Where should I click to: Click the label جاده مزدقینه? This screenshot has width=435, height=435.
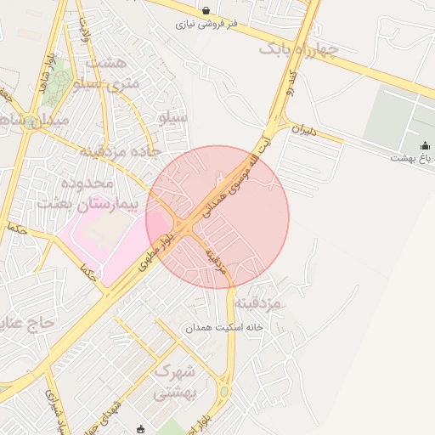pos(120,152)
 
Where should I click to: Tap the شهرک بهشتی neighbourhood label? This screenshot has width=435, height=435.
pos(175,381)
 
